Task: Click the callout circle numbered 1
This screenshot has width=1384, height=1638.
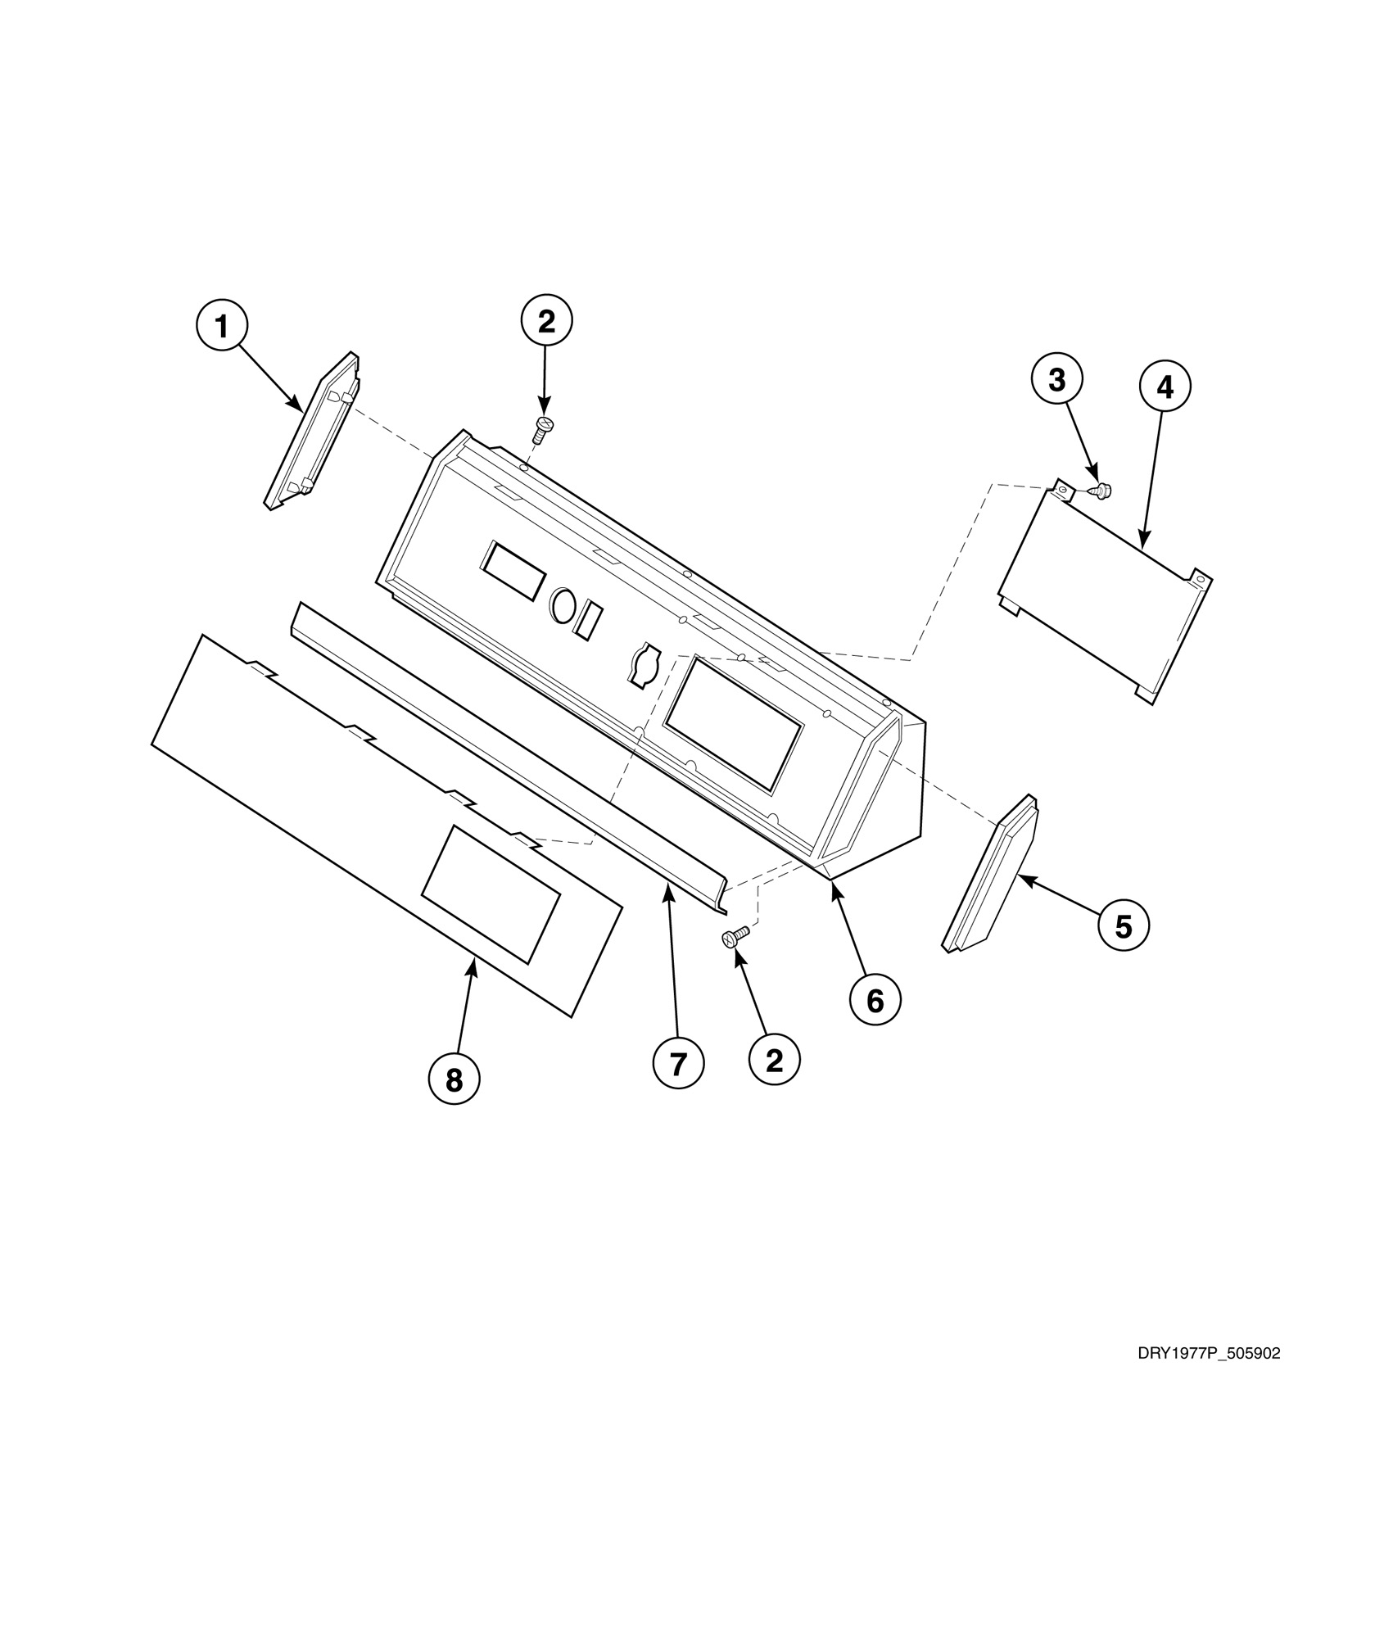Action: point(221,327)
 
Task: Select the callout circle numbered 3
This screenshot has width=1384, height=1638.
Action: point(1057,380)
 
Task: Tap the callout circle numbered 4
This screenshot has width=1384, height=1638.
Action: point(1164,387)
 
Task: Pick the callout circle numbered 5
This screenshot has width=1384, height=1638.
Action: point(1124,926)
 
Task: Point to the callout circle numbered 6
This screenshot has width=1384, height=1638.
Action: point(875,999)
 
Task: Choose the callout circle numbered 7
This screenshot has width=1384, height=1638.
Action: point(678,1064)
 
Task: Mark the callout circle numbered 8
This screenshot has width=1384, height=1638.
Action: point(454,1080)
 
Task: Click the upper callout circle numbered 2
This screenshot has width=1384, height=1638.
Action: point(546,321)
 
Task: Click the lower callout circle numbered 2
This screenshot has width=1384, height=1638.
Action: point(774,1061)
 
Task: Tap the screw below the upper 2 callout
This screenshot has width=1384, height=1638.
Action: point(543,428)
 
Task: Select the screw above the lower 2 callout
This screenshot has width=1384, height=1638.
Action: point(735,936)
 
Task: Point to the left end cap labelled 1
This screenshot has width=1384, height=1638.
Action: point(311,432)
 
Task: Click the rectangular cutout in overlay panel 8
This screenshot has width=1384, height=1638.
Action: point(490,893)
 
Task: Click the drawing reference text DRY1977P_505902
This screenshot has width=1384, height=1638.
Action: point(1209,1354)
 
